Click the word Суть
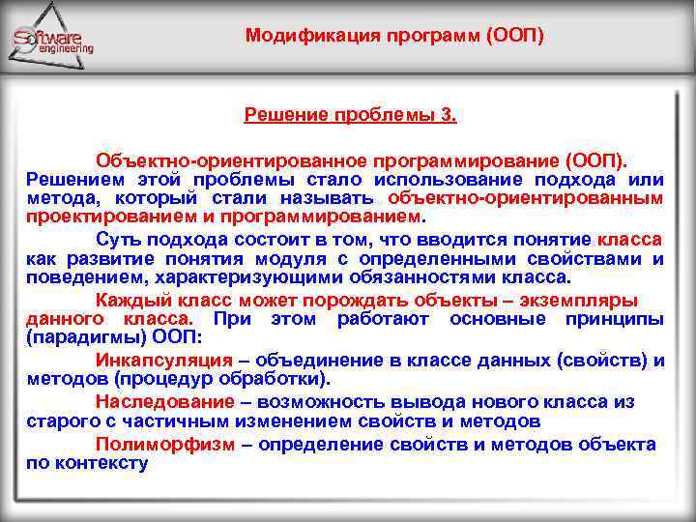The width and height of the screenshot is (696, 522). pyautogui.click(x=117, y=239)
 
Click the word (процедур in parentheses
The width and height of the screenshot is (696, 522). pyautogui.click(x=156, y=380)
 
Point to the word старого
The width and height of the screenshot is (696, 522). pyautogui.click(x=63, y=421)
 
